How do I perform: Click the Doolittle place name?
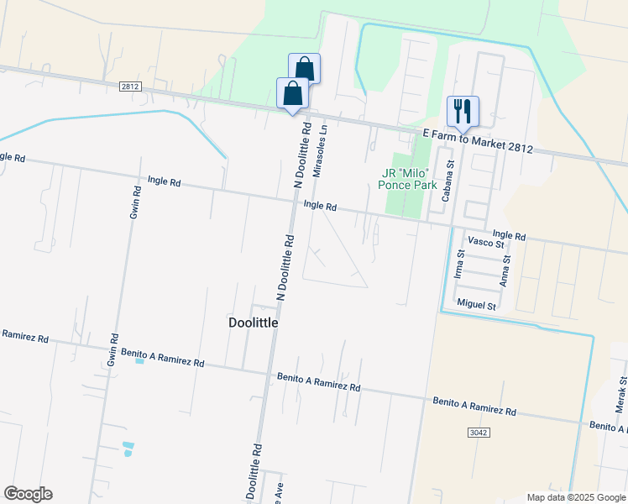point(253,322)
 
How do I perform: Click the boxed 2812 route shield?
point(129,86)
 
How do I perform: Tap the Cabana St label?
point(447,181)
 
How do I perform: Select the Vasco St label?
point(485,243)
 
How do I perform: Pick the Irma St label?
point(459,264)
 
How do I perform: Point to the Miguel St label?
point(476,304)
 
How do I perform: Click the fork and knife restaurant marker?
point(463,110)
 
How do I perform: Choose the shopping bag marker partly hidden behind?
point(306,66)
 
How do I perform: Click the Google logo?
point(28,494)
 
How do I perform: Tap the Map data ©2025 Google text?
point(575,497)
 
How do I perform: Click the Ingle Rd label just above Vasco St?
point(509,236)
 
